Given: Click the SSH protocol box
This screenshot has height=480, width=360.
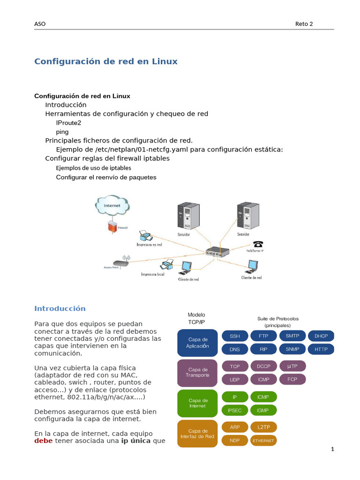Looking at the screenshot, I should (235, 336).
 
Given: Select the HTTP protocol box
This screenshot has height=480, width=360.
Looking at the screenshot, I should (321, 349).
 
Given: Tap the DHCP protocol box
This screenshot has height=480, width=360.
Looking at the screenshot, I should (321, 336).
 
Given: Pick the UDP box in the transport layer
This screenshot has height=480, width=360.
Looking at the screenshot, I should (235, 379).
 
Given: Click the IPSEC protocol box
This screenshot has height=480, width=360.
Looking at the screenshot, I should (235, 410).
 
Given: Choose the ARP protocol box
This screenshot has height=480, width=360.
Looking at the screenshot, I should (235, 427).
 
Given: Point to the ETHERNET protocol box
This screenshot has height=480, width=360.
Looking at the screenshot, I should (263, 441).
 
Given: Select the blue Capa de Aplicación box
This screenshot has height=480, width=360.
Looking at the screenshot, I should (197, 343).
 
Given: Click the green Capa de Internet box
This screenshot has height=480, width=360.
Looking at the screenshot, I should (197, 403).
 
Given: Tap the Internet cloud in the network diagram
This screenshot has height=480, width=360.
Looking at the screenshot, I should (112, 205).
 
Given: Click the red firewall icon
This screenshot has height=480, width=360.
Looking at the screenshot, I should (112, 227).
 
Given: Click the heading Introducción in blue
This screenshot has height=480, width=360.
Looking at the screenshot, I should (60, 308).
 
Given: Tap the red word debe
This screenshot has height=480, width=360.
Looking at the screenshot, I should (44, 441).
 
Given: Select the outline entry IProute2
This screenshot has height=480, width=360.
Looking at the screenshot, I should (68, 123).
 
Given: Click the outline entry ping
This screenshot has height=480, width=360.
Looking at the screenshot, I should (62, 132).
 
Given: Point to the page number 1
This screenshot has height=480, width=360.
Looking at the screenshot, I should (332, 450).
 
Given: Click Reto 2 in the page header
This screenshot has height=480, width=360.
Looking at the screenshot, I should (304, 24).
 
